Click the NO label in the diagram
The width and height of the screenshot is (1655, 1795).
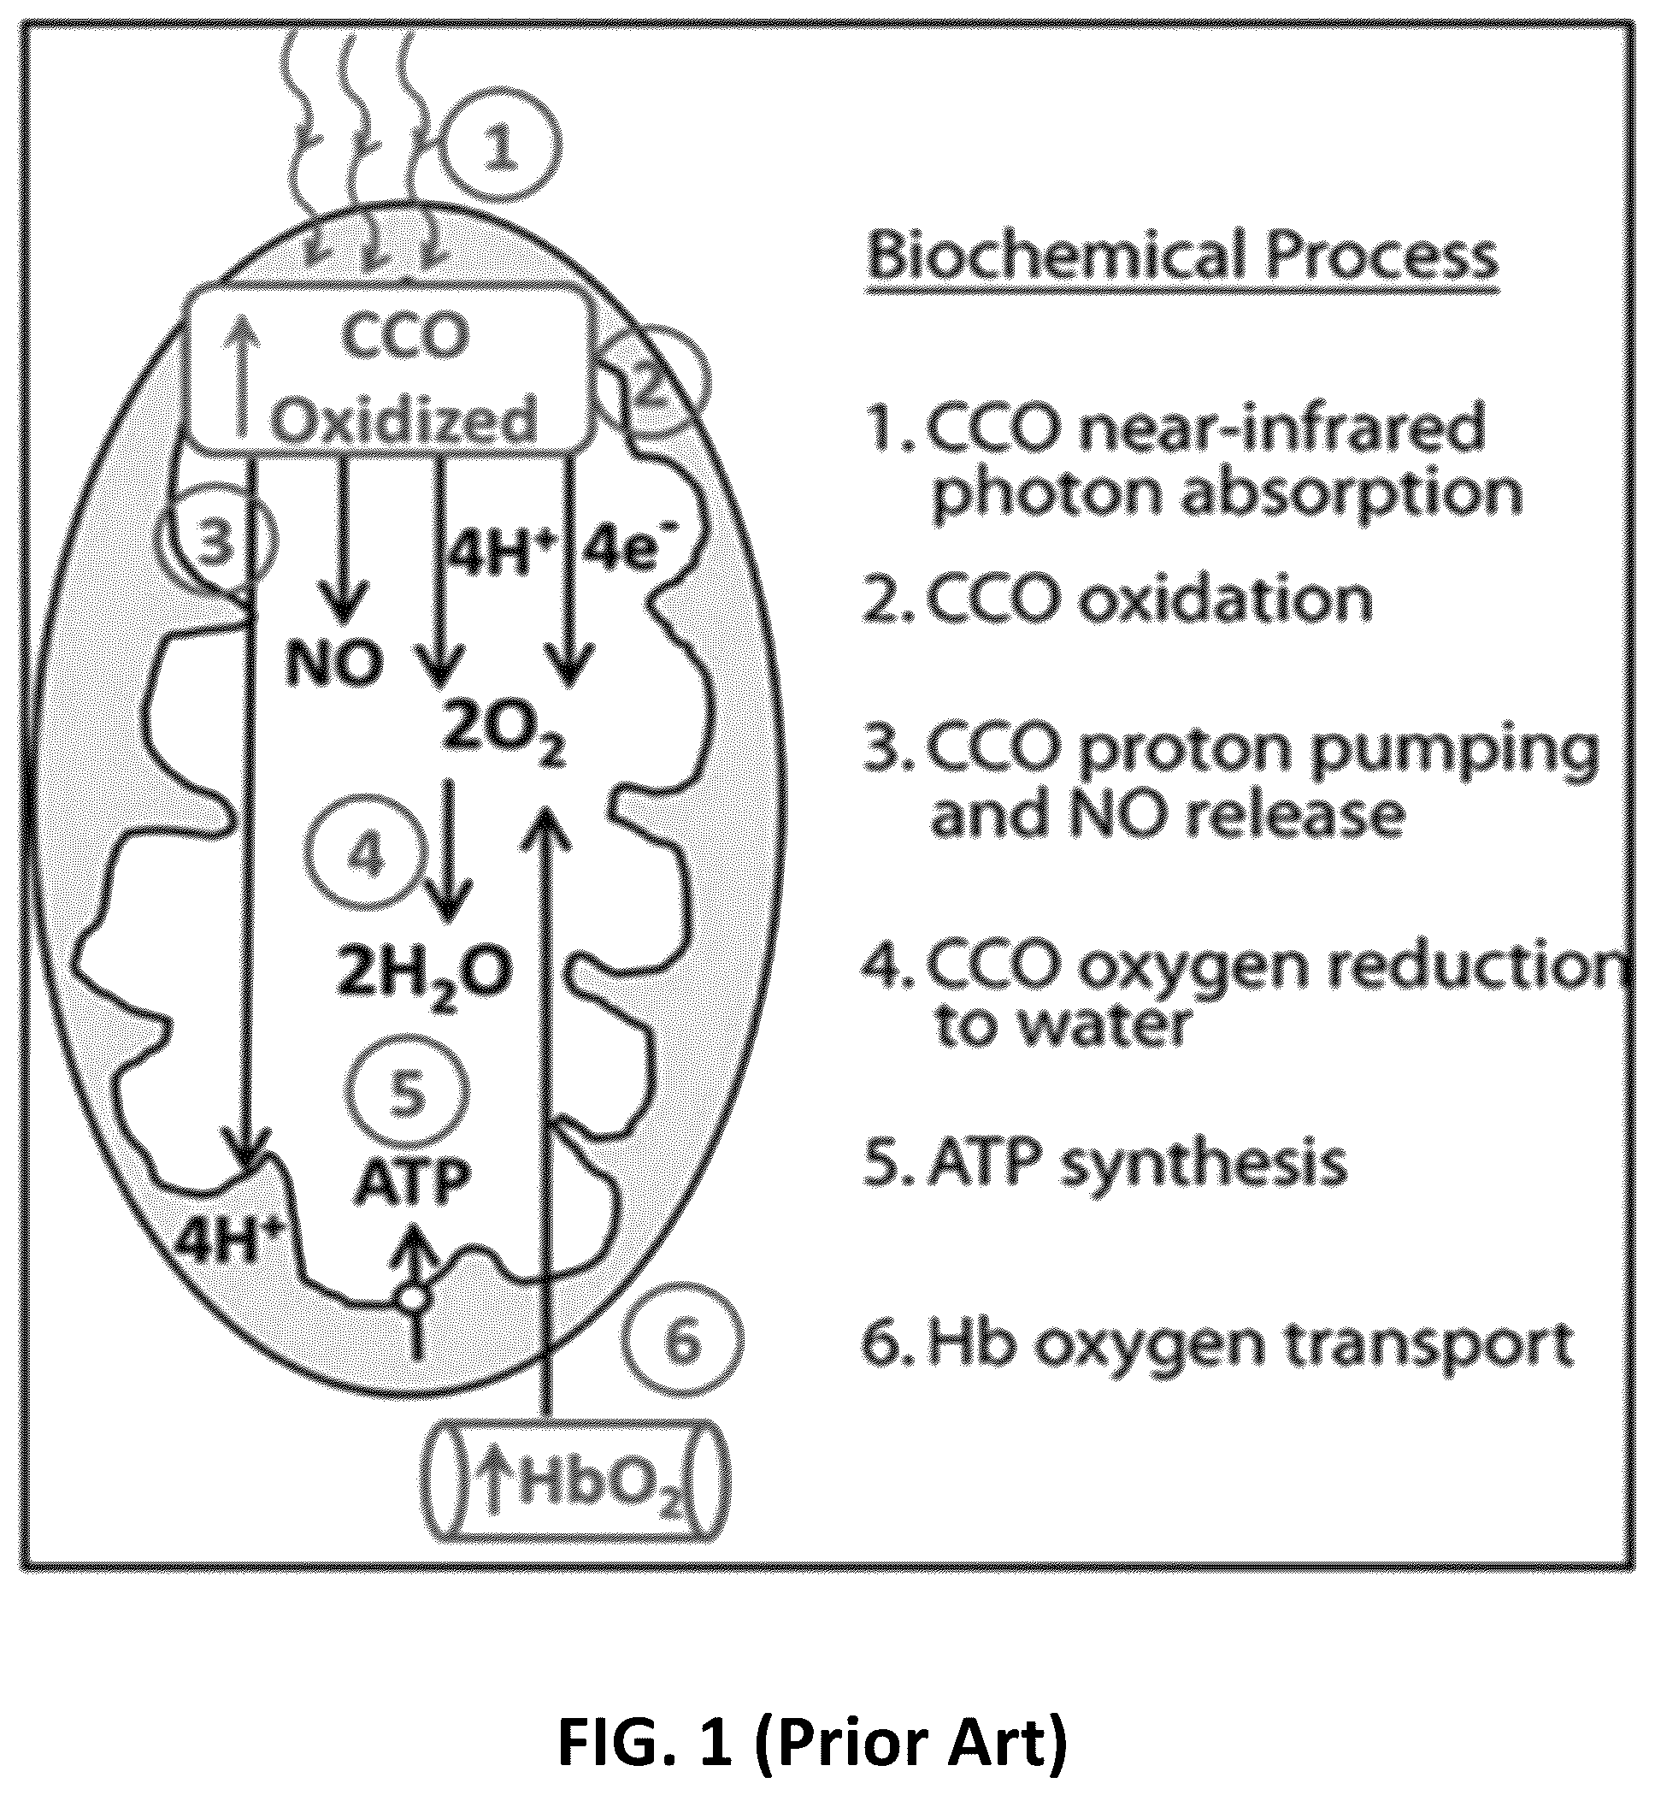point(333,664)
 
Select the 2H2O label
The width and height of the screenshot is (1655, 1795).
point(424,976)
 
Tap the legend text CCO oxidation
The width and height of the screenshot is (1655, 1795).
point(1116,599)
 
